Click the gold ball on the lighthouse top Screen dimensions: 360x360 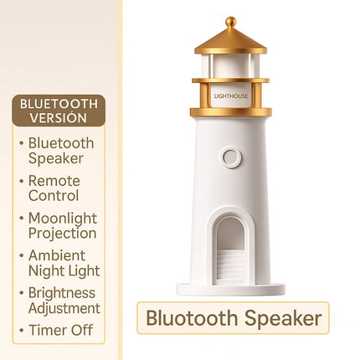231,22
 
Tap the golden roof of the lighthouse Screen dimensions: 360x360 231,40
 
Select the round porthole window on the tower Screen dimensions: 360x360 231,157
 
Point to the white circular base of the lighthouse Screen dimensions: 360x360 231,290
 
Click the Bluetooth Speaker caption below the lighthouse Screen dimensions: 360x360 234,318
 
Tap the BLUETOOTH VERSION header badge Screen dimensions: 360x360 59,111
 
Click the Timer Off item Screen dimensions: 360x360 60,330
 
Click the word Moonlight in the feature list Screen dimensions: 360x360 62,219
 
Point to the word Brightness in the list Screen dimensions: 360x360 62,293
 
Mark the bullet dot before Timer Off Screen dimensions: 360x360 21,330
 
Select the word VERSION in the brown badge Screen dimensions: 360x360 59,118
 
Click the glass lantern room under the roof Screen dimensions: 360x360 231,65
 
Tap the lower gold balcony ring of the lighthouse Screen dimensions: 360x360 231,111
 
